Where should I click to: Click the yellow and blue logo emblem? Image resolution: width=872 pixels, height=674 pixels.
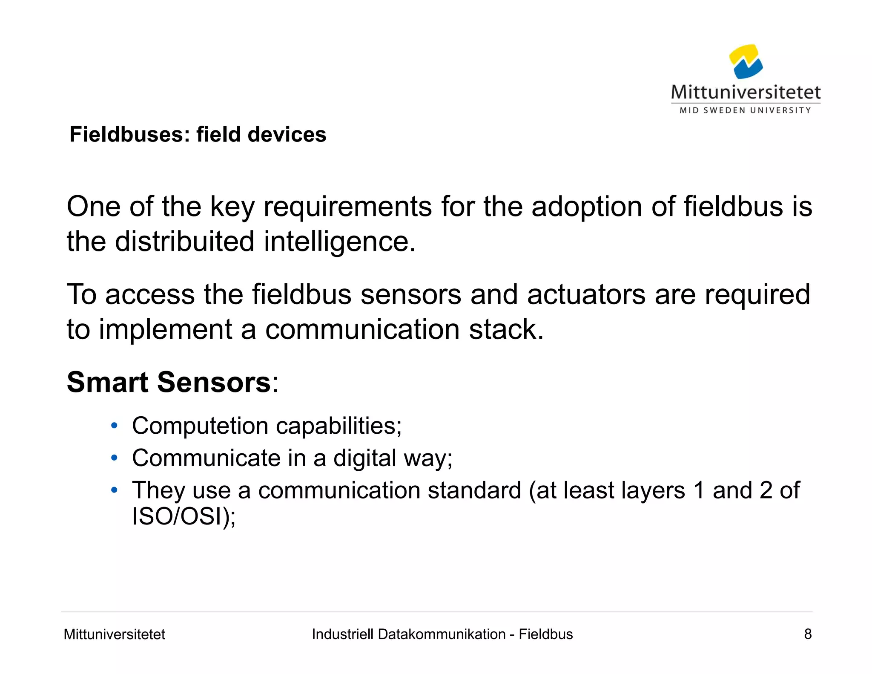click(x=746, y=62)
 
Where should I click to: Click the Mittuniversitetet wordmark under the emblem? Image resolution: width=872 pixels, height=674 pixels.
click(x=746, y=92)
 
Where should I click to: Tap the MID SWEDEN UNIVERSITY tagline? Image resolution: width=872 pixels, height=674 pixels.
click(x=745, y=110)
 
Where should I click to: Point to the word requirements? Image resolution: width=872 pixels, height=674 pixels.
click(x=347, y=207)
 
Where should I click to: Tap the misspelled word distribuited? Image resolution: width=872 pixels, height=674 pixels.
click(x=185, y=242)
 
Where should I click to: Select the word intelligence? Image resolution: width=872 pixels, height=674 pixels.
click(x=339, y=242)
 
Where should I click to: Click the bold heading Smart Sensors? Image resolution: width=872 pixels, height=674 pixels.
click(x=169, y=382)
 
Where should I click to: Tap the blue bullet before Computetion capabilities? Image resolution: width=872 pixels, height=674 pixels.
click(x=114, y=426)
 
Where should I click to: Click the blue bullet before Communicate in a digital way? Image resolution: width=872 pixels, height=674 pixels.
click(x=114, y=458)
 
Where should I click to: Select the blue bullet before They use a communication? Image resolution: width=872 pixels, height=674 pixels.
click(x=114, y=490)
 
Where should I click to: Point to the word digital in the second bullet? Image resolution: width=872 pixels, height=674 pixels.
click(x=364, y=458)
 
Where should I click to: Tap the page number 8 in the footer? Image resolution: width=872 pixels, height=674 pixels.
click(x=807, y=634)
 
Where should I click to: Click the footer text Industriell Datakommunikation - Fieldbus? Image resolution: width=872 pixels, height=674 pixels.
click(x=442, y=634)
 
